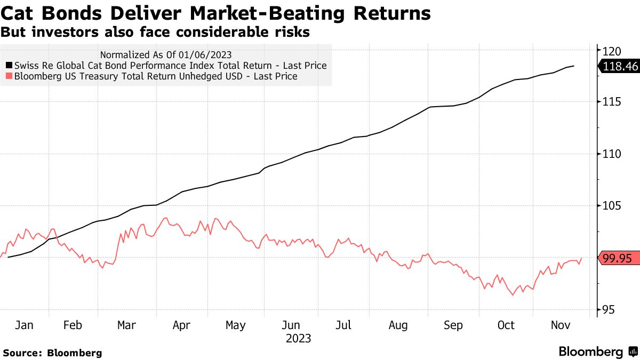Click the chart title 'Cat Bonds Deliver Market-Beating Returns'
(215, 13)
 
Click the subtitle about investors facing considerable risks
(155, 32)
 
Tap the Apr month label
(182, 325)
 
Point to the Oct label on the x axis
(505, 325)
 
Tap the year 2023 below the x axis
(299, 339)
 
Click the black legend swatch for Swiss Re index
(9, 66)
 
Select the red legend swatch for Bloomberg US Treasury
(9, 77)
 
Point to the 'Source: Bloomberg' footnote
(52, 353)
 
